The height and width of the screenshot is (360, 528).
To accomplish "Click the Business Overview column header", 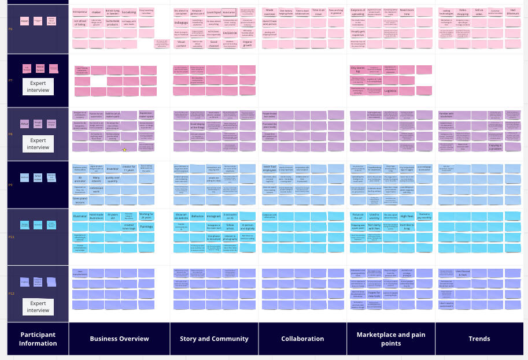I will pos(119,339).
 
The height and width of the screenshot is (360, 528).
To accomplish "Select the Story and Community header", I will pos(213,339).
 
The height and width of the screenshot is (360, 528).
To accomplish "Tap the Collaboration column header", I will pos(302,339).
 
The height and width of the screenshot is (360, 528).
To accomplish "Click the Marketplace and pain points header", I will pos(391,339).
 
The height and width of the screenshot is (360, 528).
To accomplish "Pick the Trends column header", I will pos(479,339).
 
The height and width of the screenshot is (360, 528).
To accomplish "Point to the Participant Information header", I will pos(38,339).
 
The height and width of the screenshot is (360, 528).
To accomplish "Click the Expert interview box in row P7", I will pos(38,87).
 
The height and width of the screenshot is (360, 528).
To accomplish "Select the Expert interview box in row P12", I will pos(38,307).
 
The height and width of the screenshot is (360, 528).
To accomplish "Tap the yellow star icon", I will pos(124,150).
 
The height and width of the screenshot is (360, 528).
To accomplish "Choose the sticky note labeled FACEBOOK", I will pos(230,33).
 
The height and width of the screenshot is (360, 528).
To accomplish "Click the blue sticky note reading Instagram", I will pos(213,216).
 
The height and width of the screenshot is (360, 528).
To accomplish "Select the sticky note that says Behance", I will pos(197,216).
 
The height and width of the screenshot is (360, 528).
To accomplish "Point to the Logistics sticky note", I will pos(390,91).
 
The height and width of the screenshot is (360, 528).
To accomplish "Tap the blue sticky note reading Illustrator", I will pos(80,216).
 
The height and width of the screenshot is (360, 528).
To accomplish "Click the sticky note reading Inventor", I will pos(112,169).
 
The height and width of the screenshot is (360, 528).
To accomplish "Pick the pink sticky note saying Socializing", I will pos(129,12).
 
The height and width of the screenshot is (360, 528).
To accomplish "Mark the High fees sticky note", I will pos(407,216).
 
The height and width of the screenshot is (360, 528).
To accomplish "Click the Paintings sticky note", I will pos(146,227).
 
